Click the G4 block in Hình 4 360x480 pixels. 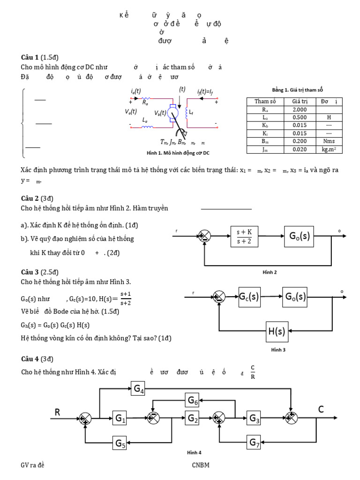pyautogui.click(x=139, y=389)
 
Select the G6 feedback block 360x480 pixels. pyautogui.click(x=193, y=400)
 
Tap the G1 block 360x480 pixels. pyautogui.click(x=120, y=418)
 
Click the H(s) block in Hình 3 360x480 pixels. pyautogui.click(x=277, y=332)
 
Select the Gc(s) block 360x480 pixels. pyautogui.click(x=249, y=297)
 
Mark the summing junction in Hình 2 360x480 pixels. pyautogui.click(x=204, y=236)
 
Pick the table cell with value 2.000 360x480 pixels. pyautogui.click(x=299, y=110)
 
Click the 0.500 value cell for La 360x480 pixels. pyautogui.click(x=299, y=118)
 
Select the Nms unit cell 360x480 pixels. pyautogui.click(x=329, y=141)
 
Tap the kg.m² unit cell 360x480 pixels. pyautogui.click(x=329, y=150)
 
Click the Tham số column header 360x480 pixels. pyautogui.click(x=265, y=101)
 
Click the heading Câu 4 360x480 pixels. pyautogui.click(x=30, y=359)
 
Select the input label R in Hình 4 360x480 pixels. pyautogui.click(x=58, y=412)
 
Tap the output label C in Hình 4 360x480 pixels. pyautogui.click(x=321, y=410)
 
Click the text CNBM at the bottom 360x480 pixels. pyautogui.click(x=200, y=465)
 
